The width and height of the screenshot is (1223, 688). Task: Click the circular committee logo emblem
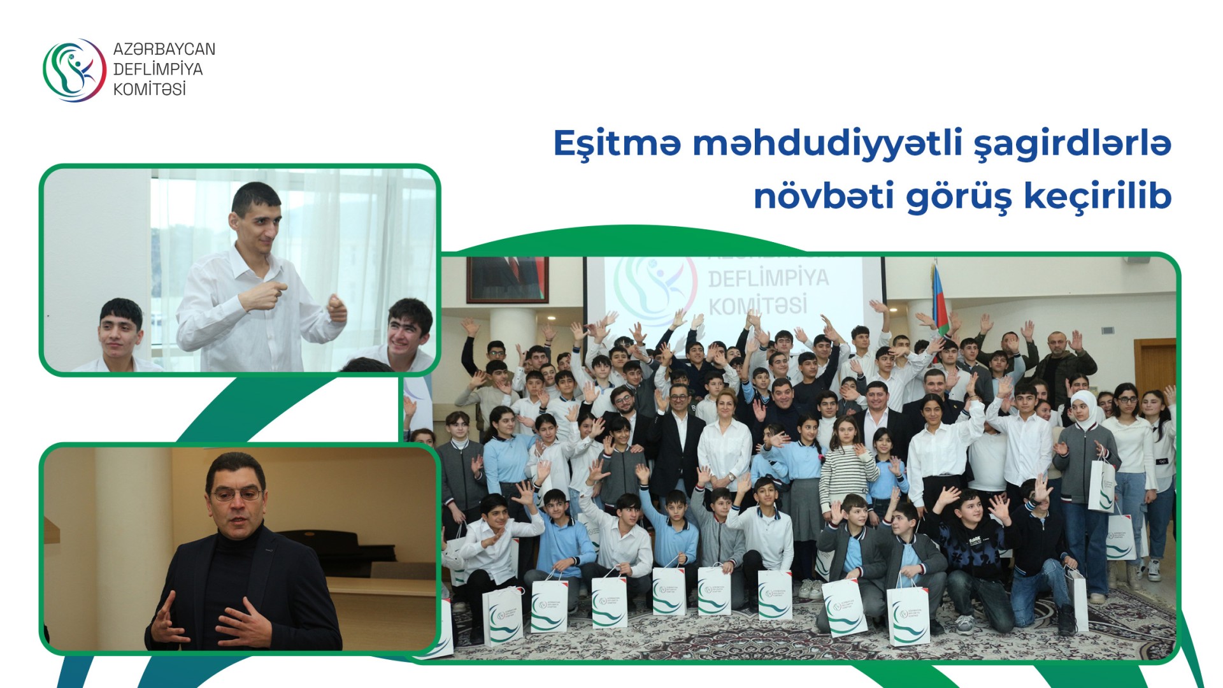click(x=74, y=70)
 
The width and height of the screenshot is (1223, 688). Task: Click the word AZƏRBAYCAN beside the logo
click(x=164, y=50)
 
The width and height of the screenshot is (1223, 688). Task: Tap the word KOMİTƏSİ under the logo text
click(x=149, y=89)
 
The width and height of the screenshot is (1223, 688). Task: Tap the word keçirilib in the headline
click(x=1098, y=196)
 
